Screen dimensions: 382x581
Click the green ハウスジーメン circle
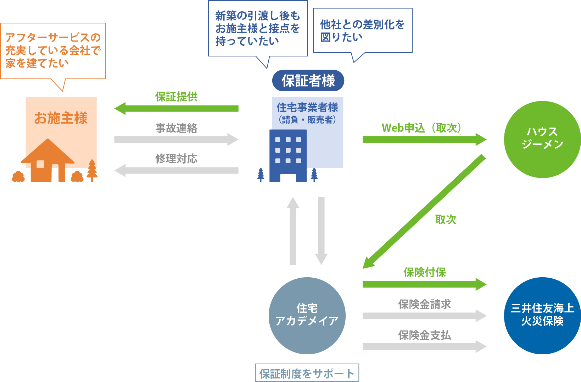point(542,139)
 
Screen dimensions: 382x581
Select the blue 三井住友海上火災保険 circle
point(542,316)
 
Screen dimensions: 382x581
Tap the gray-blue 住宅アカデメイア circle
point(307,316)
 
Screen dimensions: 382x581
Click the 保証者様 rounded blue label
point(308,81)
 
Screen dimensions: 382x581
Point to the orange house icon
point(48,162)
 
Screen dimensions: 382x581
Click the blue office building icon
point(288,156)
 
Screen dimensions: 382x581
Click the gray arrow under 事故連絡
point(177,140)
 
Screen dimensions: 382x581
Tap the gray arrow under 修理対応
point(177,170)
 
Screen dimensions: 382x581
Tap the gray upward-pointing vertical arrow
point(293,231)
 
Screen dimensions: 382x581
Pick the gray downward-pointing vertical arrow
point(321,231)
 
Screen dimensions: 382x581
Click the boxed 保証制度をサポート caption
point(307,373)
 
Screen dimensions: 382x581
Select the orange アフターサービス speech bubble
point(53,51)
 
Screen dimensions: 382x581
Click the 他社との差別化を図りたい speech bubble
point(362,31)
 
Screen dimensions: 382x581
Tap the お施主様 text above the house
point(61,118)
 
